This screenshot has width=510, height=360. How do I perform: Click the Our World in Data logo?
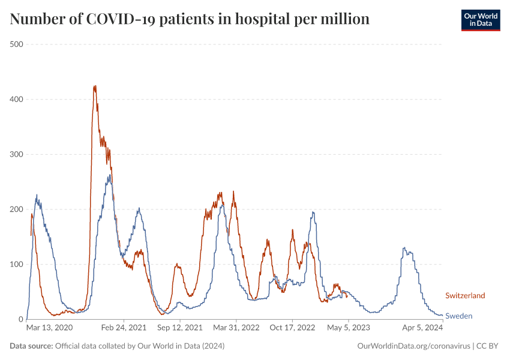[480, 20]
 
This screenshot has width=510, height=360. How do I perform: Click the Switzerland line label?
[465, 295]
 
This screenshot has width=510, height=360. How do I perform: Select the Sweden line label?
[458, 316]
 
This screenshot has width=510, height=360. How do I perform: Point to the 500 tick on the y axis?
[16, 44]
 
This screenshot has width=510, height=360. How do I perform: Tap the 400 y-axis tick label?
[16, 99]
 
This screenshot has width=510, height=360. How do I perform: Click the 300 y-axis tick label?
[16, 154]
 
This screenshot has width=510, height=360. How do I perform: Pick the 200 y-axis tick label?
[16, 209]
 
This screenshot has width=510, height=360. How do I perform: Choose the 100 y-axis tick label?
[16, 265]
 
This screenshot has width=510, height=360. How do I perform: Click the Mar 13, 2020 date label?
[49, 328]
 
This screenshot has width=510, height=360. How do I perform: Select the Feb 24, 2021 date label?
[124, 328]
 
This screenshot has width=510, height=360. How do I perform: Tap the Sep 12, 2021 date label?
[180, 328]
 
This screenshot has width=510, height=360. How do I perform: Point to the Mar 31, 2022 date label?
[236, 328]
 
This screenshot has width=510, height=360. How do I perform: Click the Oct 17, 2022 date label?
[292, 328]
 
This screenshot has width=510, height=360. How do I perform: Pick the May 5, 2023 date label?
[349, 328]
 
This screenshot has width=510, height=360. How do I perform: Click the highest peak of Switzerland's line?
[95, 86]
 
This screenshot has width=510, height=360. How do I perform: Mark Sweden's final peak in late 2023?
[404, 248]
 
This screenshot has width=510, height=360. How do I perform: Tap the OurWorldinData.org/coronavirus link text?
[413, 346]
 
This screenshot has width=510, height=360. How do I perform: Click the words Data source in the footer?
[31, 346]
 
